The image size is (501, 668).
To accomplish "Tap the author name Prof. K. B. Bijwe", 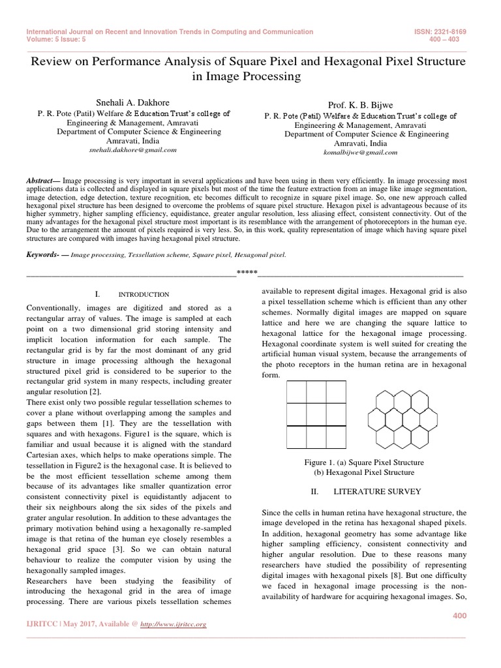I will coord(360,105).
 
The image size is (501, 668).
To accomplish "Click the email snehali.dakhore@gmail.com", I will coord(132,149).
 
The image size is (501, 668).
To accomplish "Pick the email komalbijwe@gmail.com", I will coord(360,153).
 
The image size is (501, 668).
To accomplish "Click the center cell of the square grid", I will coord(316,414).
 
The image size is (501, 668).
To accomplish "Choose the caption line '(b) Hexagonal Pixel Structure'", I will coord(360,472).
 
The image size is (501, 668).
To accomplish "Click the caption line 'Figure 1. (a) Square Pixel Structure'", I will coord(360,462).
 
